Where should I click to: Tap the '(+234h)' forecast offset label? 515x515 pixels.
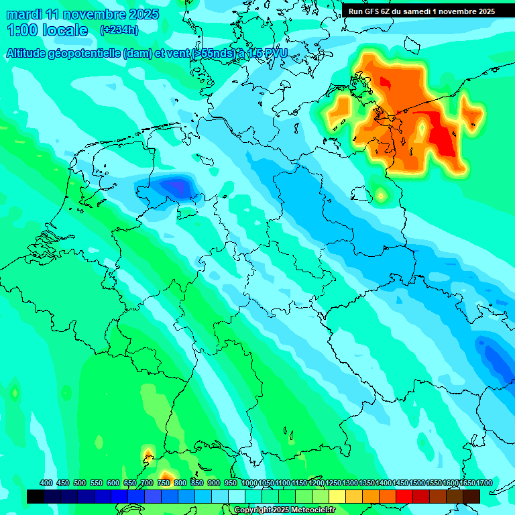119,30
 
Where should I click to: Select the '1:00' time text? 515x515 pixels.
22,30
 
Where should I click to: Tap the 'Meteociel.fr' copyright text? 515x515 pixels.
308,510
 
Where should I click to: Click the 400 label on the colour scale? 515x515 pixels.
46,483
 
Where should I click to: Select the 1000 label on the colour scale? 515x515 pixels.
249,483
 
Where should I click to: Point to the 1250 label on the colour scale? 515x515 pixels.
333,483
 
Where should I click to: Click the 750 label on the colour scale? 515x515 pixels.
164,483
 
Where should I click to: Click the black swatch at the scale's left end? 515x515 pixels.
36,496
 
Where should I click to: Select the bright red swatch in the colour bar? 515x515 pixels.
404,496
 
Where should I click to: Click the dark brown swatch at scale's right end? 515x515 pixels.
471,496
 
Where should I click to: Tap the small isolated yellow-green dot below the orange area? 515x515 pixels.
381,195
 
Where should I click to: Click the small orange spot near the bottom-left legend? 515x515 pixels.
148,456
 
